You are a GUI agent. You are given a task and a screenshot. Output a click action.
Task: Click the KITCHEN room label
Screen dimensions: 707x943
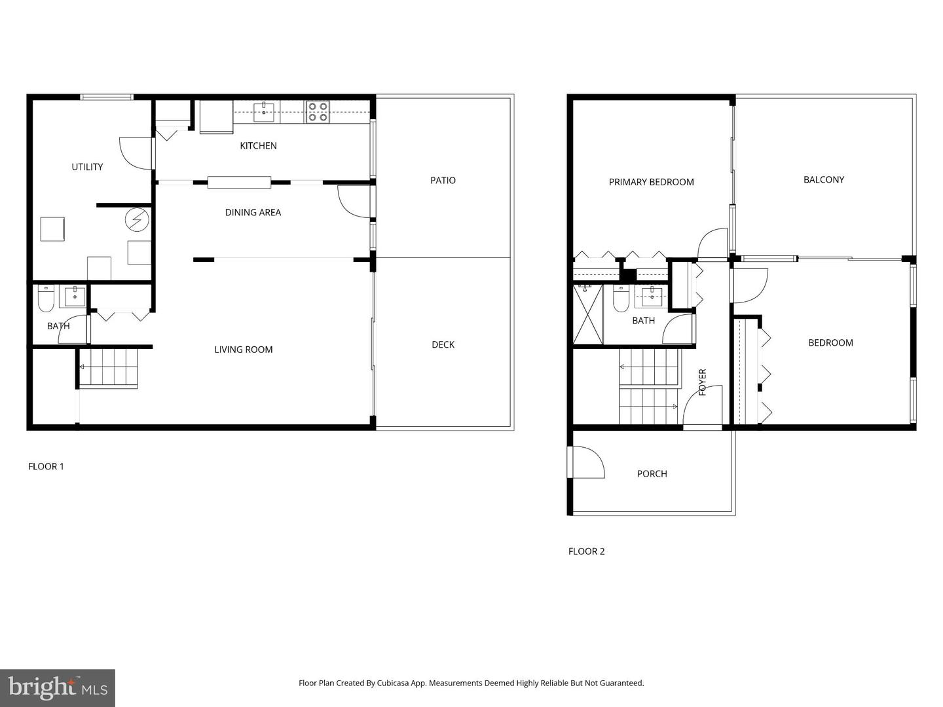258,145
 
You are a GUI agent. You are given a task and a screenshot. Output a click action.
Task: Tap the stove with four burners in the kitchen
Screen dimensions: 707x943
318,112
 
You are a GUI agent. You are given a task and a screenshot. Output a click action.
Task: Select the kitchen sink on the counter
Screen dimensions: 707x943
264,111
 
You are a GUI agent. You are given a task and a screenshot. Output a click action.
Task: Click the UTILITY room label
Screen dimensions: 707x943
87,167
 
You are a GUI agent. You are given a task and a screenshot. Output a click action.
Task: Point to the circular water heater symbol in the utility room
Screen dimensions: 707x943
137,219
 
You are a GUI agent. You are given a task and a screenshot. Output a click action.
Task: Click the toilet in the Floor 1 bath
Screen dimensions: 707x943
46,299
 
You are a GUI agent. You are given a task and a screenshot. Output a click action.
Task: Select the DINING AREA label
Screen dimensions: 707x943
253,212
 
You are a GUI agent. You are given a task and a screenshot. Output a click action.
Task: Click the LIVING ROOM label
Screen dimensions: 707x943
244,350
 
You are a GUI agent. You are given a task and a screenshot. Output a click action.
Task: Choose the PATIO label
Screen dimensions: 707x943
443,180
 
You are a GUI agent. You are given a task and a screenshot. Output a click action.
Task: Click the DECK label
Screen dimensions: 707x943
443,344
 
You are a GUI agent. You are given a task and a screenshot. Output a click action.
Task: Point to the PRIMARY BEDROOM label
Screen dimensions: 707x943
651,182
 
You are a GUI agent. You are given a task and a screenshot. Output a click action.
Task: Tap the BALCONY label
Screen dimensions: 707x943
823,179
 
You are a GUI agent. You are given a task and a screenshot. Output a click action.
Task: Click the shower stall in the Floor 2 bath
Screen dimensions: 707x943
587,314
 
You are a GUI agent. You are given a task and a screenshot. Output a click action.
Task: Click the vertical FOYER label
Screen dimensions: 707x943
703,382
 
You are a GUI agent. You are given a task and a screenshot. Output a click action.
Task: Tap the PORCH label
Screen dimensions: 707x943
652,473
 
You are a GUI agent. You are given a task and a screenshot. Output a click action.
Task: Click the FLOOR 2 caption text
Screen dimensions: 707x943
586,551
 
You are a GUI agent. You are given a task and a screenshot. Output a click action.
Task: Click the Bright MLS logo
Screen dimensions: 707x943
57,687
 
